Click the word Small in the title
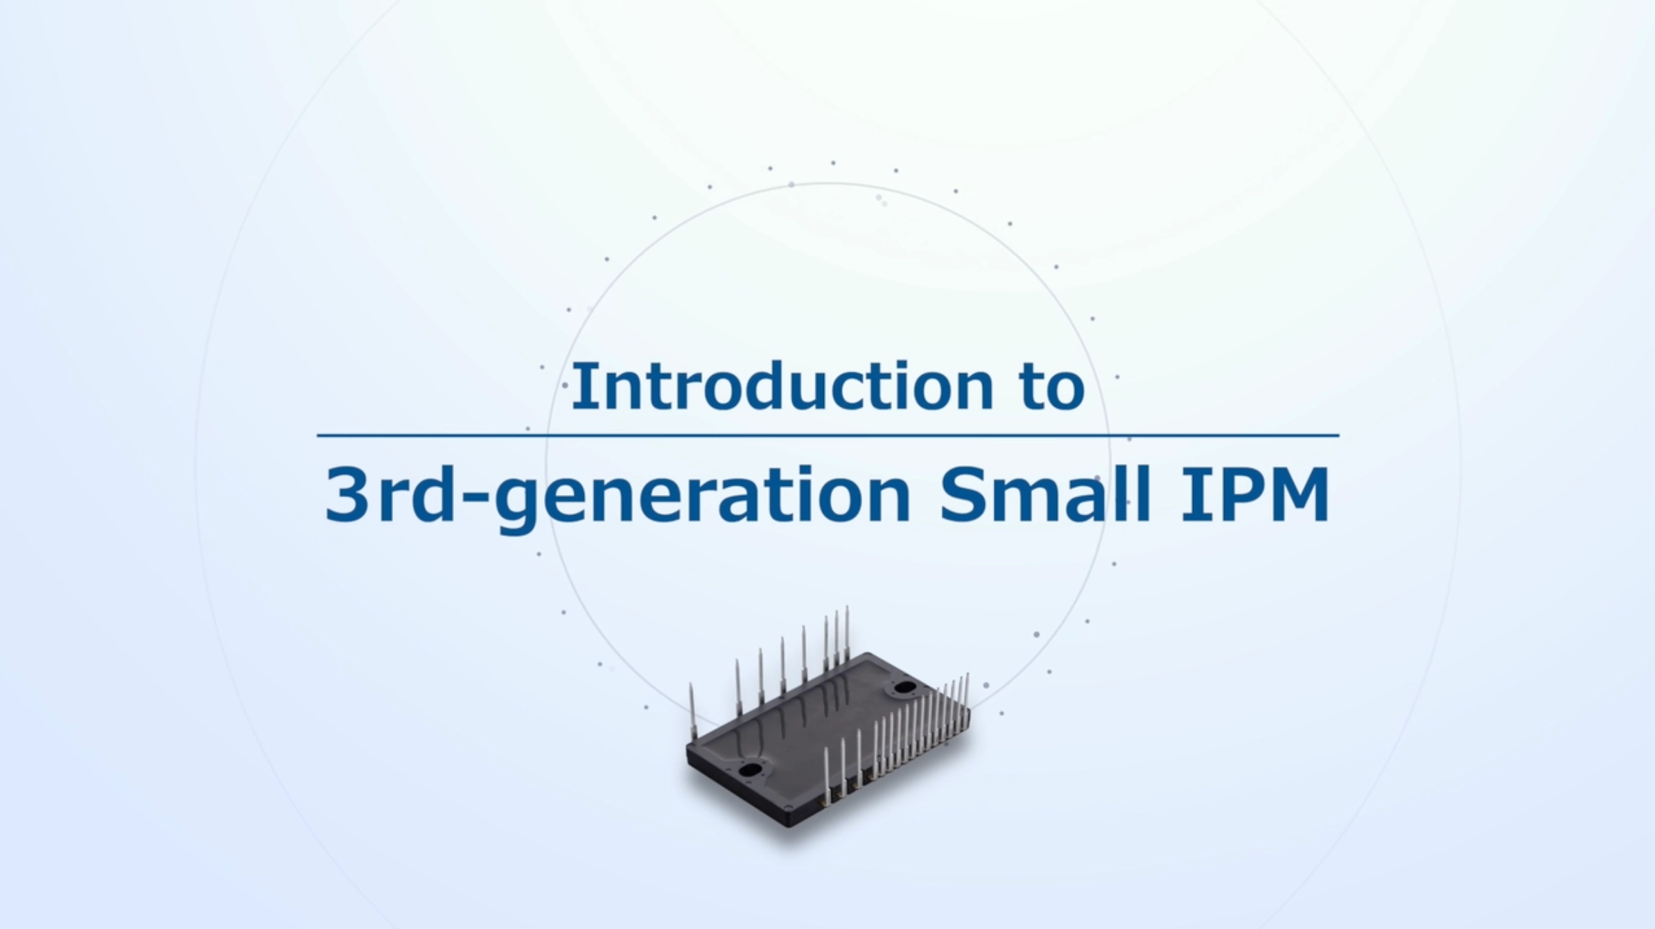pyautogui.click(x=1045, y=494)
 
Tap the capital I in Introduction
pyautogui.click(x=581, y=386)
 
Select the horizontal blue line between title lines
pyautogui.click(x=828, y=435)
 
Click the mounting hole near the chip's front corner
pyautogui.click(x=750, y=770)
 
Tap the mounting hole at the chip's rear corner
pyautogui.click(x=905, y=688)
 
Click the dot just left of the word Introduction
pyautogui.click(x=566, y=385)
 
